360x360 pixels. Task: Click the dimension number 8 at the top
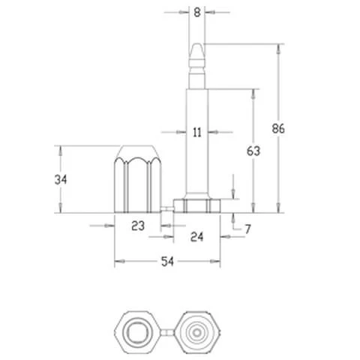tap(197, 13)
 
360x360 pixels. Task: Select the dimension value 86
tap(278, 128)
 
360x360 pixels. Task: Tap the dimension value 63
tap(253, 151)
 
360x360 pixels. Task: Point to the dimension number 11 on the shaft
tap(197, 132)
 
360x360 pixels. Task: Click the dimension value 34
tap(61, 179)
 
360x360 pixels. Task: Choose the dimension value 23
tap(138, 226)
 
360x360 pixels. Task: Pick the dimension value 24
tap(196, 237)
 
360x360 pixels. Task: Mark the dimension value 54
tap(167, 262)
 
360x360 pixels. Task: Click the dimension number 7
tap(247, 229)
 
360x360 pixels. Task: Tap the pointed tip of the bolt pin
tap(197, 44)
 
